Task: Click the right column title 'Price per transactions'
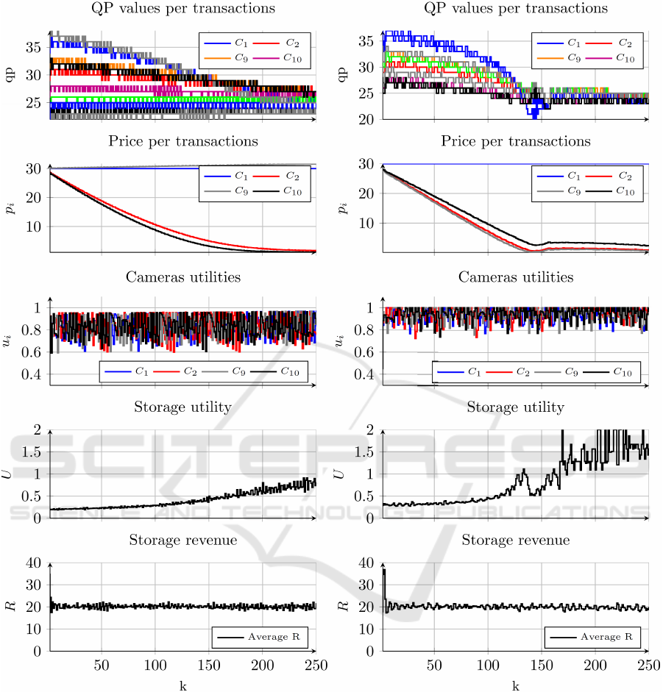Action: pyautogui.click(x=515, y=140)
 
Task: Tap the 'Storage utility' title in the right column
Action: pyautogui.click(x=515, y=407)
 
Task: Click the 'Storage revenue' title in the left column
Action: pyautogui.click(x=182, y=541)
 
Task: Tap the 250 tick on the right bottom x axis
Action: pyautogui.click(x=648, y=666)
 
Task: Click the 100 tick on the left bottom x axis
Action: pyautogui.click(x=155, y=666)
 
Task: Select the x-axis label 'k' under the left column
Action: pyautogui.click(x=182, y=685)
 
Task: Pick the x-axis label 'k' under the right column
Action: pyautogui.click(x=515, y=685)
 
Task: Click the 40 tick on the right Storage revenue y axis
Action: pyautogui.click(x=370, y=563)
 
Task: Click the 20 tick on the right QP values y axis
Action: pyautogui.click(x=370, y=119)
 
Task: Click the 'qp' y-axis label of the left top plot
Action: pyautogui.click(x=10, y=75)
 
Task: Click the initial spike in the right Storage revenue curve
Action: pyautogui.click(x=383, y=571)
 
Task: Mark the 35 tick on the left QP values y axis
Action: pyautogui.click(x=34, y=47)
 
